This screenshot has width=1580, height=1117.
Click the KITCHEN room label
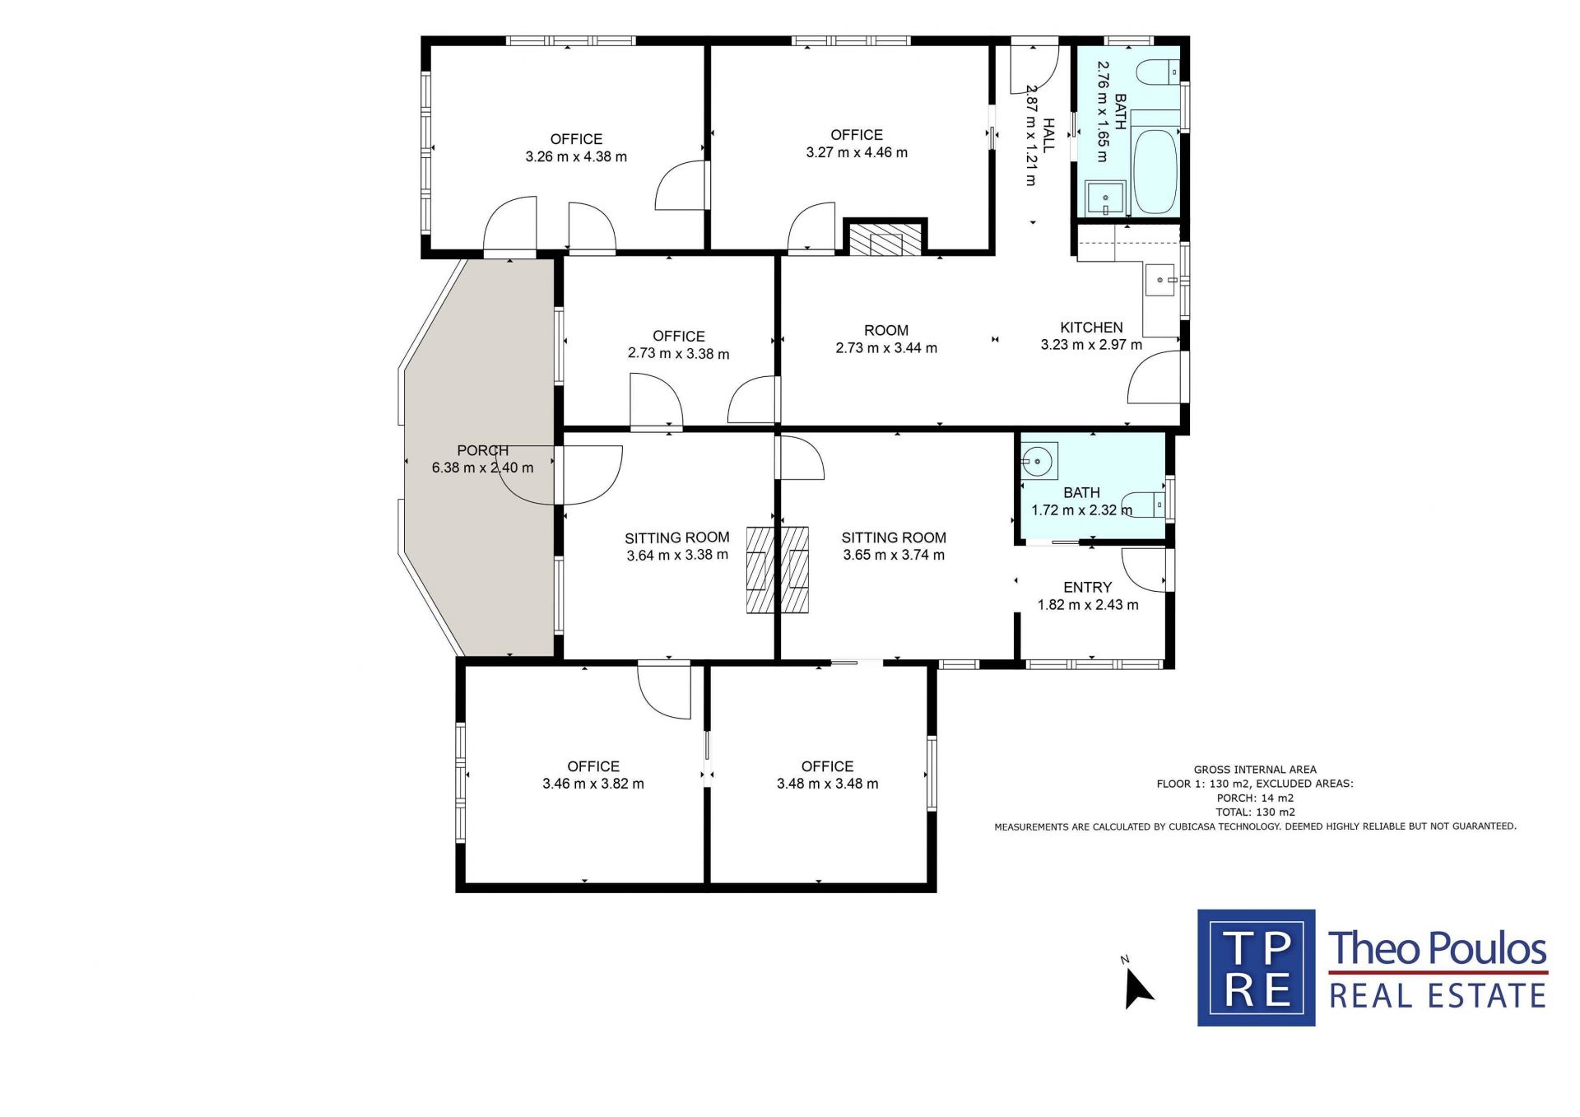click(1091, 328)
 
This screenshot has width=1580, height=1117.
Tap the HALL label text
click(1048, 135)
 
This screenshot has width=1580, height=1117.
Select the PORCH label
click(483, 450)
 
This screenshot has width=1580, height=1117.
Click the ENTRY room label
click(1088, 588)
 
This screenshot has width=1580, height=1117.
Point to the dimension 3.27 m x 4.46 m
click(857, 152)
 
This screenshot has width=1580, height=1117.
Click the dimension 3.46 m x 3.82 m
click(593, 784)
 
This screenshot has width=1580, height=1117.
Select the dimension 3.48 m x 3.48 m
click(828, 784)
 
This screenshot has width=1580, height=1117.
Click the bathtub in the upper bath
click(1155, 171)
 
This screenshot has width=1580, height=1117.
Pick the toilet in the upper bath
click(1158, 72)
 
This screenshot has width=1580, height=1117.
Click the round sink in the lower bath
click(1039, 461)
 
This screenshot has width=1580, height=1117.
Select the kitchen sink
click(1161, 280)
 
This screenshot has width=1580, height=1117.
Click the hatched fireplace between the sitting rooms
click(777, 570)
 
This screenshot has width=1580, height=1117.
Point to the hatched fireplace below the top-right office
click(885, 240)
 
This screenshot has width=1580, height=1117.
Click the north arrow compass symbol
click(1137, 987)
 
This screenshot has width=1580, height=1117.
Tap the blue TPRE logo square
click(1256, 968)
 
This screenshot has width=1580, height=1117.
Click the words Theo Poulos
click(1438, 948)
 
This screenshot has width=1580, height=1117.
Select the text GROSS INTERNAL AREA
click(1255, 770)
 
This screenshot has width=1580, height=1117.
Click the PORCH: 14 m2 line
click(1255, 798)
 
